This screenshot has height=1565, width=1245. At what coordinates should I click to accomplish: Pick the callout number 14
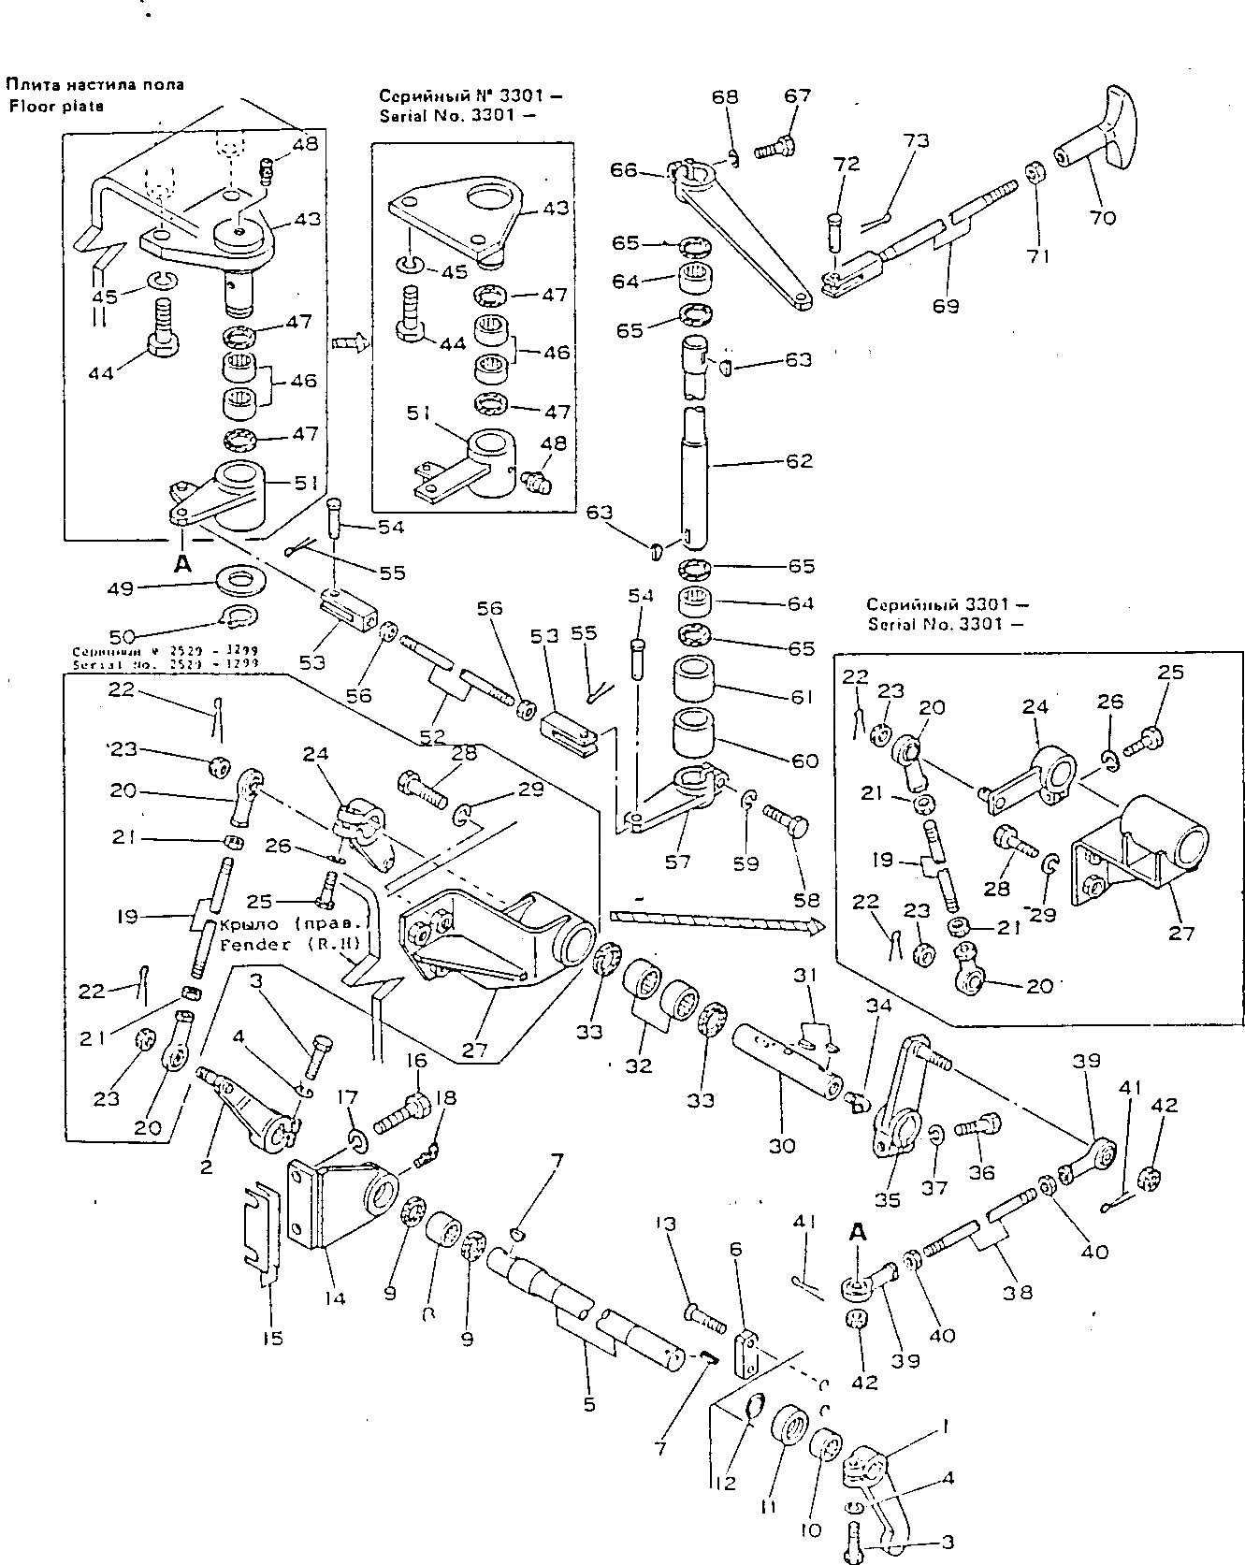tap(335, 1297)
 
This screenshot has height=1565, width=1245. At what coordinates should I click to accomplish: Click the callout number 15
tap(272, 1339)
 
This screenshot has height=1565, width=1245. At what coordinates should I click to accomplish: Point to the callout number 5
tap(588, 1404)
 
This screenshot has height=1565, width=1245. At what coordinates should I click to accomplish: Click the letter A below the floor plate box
tap(182, 563)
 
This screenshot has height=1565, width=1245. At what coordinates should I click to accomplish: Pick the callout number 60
tap(803, 761)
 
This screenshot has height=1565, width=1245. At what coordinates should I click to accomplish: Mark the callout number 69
tap(946, 305)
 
